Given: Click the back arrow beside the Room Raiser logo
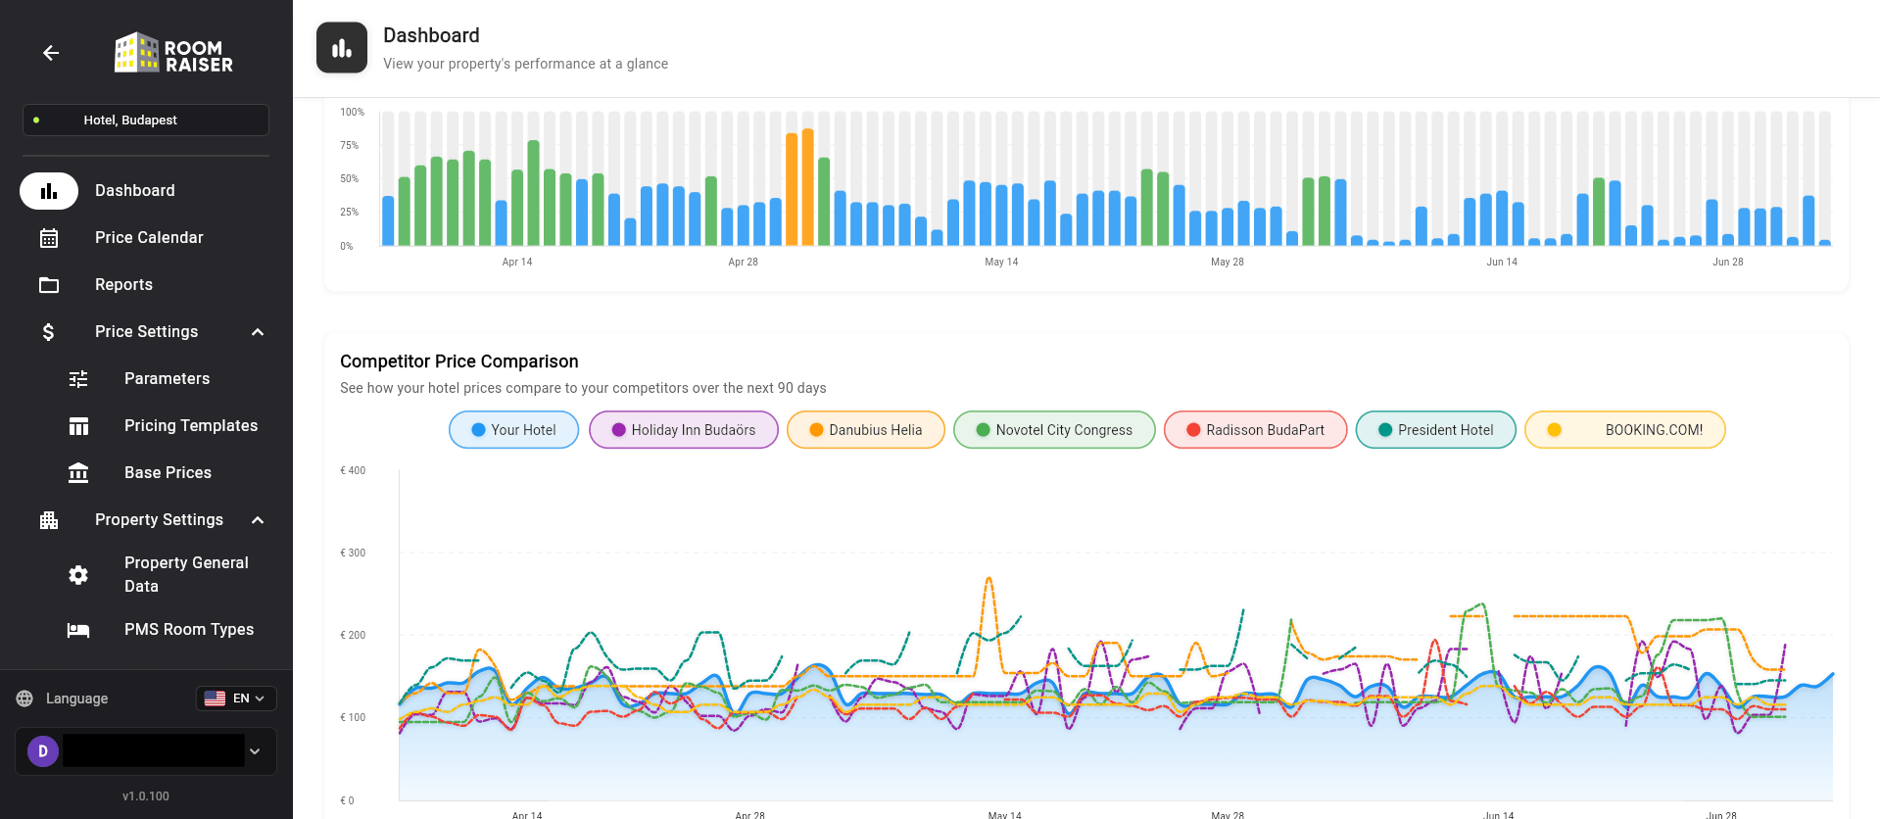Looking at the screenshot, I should (51, 53).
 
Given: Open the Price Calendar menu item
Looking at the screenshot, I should (149, 238).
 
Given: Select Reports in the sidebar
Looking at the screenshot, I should (123, 285).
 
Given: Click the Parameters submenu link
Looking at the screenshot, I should (167, 379).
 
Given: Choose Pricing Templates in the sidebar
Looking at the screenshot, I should (190, 426).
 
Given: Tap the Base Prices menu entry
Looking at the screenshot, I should (168, 473).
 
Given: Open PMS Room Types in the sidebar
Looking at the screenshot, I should (188, 630).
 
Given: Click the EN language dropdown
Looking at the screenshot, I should (236, 699).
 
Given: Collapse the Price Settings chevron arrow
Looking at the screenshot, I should (258, 332).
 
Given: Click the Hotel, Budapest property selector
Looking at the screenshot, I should (145, 120).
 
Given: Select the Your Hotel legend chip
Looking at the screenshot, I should (513, 430).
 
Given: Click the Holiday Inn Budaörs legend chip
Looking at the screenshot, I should (683, 430).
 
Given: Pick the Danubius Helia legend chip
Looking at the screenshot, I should (865, 430).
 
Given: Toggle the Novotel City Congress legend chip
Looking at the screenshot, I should (1054, 430).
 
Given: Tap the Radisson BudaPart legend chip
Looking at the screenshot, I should (1255, 430).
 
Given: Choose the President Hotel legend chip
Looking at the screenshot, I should (1435, 430).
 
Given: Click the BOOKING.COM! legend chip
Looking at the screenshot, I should (1625, 430).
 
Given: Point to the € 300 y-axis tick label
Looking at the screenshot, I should (353, 554).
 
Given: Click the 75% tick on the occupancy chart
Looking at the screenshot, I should (350, 146).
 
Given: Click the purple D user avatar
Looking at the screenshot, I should (43, 751).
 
